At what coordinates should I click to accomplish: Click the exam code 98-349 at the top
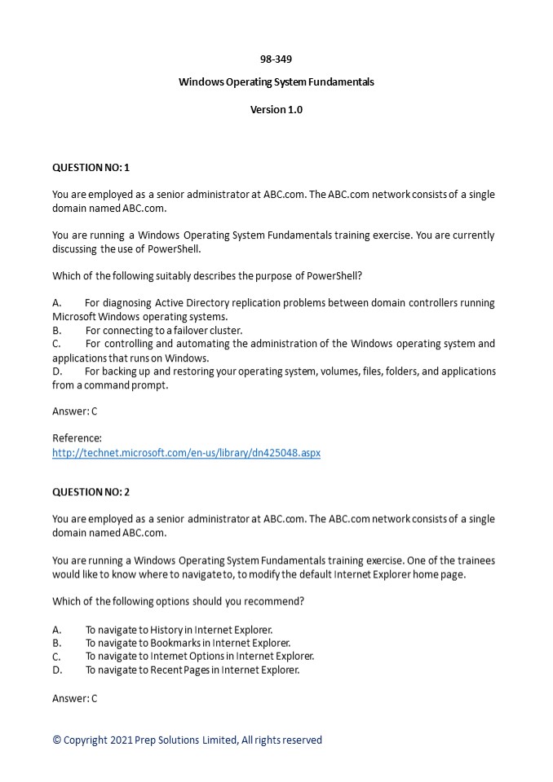[x=276, y=59]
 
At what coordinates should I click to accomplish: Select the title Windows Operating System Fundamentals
[x=276, y=82]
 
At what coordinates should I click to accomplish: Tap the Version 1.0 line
[x=276, y=110]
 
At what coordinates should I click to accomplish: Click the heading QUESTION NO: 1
[x=91, y=168]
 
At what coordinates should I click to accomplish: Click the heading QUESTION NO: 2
[x=91, y=492]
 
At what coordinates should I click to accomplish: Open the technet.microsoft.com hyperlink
[x=186, y=453]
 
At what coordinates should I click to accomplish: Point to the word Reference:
[x=77, y=438]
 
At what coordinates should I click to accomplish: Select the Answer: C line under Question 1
[x=74, y=411]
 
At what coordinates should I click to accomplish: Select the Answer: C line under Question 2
[x=74, y=698]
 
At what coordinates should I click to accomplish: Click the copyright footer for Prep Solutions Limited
[x=187, y=740]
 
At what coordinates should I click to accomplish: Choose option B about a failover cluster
[x=163, y=331]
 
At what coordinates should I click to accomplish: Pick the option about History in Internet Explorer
[x=179, y=630]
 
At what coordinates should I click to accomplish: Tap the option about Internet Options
[x=199, y=657]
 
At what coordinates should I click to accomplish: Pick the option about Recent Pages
[x=192, y=670]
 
